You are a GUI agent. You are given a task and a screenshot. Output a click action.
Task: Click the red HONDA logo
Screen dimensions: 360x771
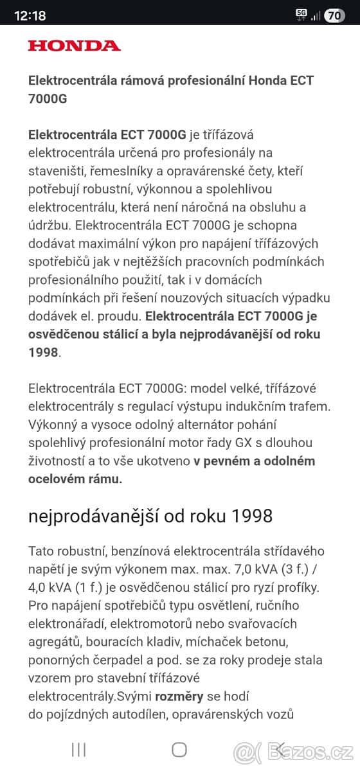coord(74,46)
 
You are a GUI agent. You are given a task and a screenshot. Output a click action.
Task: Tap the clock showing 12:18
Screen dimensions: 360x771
coord(30,15)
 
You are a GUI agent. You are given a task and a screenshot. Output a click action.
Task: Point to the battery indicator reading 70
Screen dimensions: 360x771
coord(334,15)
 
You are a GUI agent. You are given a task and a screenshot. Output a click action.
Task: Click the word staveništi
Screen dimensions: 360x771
coord(55,170)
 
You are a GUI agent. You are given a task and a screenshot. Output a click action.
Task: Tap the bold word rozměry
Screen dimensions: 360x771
coord(179,696)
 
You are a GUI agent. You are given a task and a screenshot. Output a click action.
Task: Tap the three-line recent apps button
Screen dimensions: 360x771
coord(79,749)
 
